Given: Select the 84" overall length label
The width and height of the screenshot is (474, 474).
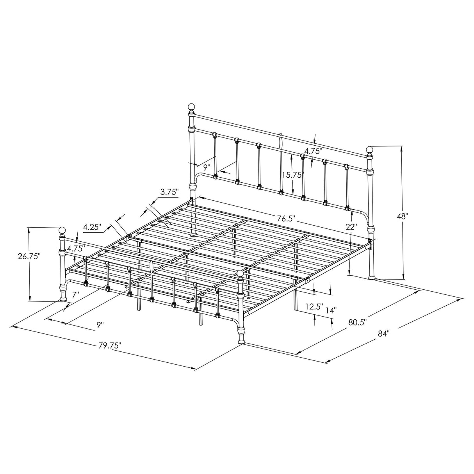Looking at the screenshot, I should point(384,333).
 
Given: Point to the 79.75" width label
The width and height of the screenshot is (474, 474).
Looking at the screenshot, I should point(110,345).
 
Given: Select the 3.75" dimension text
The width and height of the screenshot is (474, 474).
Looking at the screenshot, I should point(169,192).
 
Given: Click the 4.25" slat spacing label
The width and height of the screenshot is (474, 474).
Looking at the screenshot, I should point(92,226).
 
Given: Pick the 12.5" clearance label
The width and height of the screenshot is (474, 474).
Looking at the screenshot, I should point(314,307).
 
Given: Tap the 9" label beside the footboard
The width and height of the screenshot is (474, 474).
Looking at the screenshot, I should point(101,324).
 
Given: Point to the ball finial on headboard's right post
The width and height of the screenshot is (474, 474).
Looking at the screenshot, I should point(369,150).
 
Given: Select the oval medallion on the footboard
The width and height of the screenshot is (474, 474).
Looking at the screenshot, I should point(151,268).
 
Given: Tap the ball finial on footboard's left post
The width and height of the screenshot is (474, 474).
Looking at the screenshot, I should point(62,229).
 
